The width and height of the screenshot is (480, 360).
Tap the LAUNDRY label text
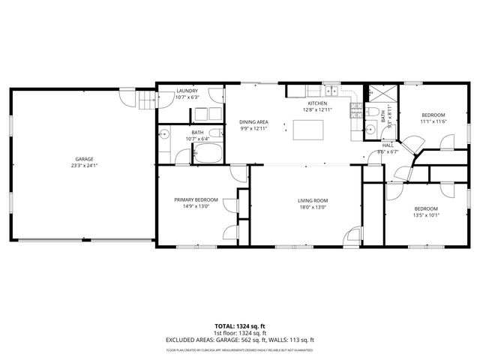[187, 91]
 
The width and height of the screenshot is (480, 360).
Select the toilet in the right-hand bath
[371, 112]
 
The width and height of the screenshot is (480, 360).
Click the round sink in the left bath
[164, 136]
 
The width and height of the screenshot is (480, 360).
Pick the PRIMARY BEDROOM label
[196, 199]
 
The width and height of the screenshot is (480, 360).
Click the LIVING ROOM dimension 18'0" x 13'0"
[313, 207]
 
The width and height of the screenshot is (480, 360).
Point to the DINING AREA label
[253, 121]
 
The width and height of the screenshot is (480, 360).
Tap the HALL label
[388, 145]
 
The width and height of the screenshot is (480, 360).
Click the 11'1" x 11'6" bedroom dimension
[433, 121]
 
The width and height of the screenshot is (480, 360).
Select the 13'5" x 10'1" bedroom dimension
[426, 216]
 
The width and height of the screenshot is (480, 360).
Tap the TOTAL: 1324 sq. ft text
[239, 326]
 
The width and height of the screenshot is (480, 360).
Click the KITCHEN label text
[315, 103]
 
